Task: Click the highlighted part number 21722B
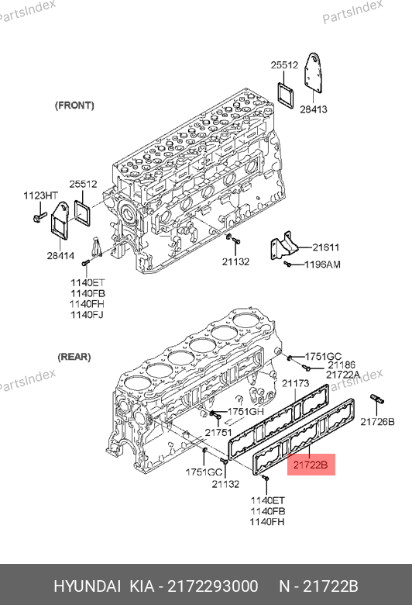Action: coord(311,465)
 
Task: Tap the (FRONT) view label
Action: coord(74,105)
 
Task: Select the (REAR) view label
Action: coord(74,357)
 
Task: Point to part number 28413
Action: coord(314,109)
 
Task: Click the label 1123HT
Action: coord(40,195)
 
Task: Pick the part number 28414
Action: coord(60,255)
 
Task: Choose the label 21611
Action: coord(326,247)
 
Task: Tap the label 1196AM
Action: coord(323,264)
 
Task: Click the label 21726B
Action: coord(377,422)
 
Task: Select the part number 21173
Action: coord(296,383)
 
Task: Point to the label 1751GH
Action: coord(245,412)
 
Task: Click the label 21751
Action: coord(218,433)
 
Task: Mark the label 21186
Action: coord(342,365)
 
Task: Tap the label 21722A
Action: coord(343,375)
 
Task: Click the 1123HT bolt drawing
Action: coord(39,217)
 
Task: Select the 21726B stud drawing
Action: coord(377,399)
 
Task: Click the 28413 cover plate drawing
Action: coord(314,73)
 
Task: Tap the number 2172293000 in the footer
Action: coord(213,586)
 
